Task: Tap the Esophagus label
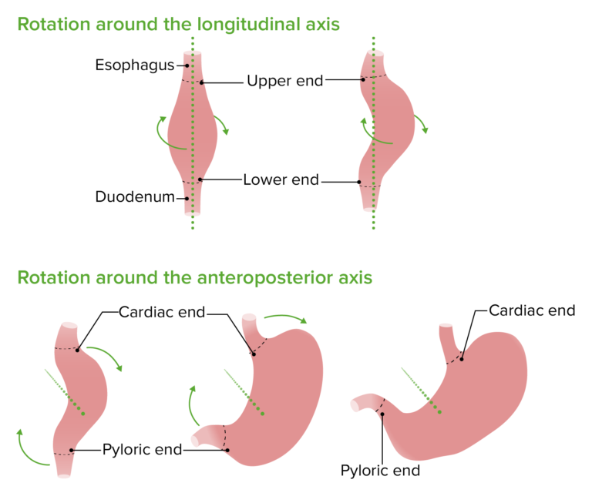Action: pos(135,65)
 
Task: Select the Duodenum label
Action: pos(134,196)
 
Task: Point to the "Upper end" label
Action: pos(284,81)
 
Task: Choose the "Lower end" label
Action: pos(281,180)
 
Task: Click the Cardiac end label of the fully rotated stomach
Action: pos(532,310)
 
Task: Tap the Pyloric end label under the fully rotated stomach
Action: pos(382,470)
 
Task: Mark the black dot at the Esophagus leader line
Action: pos(187,66)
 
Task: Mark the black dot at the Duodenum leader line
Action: pos(187,197)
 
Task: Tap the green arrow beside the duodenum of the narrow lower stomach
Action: pos(23,447)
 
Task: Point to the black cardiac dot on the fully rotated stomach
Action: pos(461,356)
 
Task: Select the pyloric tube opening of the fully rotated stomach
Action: pos(355,404)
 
